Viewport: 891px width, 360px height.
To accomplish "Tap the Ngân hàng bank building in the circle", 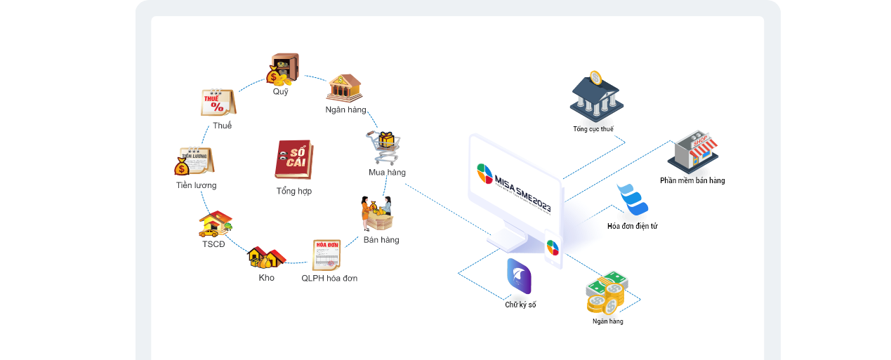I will [x=345, y=88].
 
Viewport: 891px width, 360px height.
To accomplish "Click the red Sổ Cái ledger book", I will [x=293, y=160].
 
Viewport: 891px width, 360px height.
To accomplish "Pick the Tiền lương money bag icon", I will [x=194, y=161].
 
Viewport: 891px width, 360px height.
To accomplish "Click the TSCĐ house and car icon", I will [x=215, y=224].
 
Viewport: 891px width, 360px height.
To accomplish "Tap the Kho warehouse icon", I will [x=266, y=258].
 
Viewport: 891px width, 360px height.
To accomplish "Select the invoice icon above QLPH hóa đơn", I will [x=326, y=255].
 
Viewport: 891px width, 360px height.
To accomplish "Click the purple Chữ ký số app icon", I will [x=519, y=276].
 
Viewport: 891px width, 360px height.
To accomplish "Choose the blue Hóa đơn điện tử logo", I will [x=632, y=199].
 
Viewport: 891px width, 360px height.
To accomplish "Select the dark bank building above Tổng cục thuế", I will [x=595, y=95].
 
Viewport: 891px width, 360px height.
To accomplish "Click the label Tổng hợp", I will [x=293, y=191].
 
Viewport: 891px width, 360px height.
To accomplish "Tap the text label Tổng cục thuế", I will [x=593, y=129].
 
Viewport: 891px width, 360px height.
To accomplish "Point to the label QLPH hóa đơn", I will [x=329, y=278].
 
